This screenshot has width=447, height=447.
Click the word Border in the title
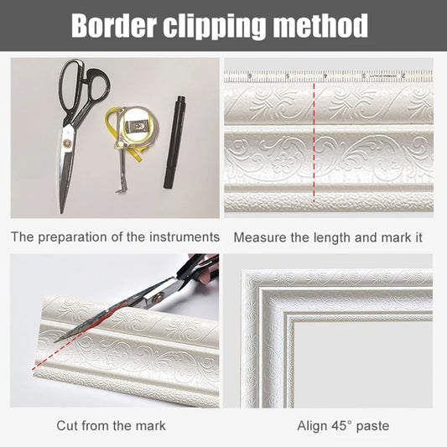point(114,25)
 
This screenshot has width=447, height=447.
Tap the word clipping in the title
point(214,26)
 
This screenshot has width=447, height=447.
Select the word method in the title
point(320,25)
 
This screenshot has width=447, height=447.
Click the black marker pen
point(174,142)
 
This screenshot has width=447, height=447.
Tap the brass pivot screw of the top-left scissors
point(69,142)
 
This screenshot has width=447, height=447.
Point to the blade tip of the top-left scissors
point(61,212)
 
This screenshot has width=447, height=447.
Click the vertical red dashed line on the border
point(314,143)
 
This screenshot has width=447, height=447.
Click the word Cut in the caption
point(66,426)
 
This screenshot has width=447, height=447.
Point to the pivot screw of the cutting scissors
point(156,299)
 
